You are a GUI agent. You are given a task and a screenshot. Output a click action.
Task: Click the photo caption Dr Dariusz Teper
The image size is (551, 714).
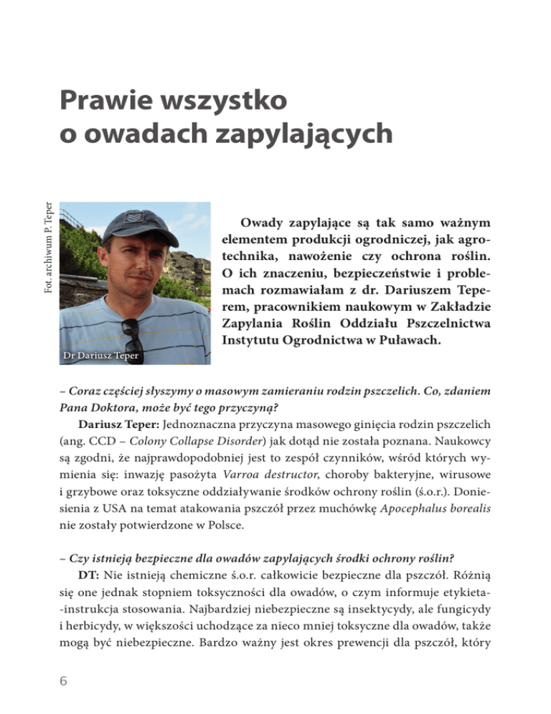pyautogui.click(x=100, y=356)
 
